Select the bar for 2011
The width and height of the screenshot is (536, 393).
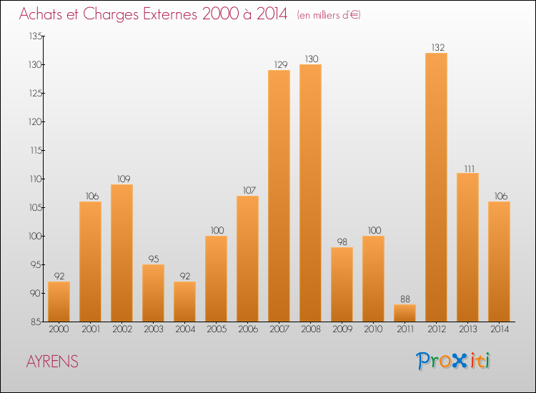tap(405, 313)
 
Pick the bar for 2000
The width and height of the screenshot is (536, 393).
tap(59, 302)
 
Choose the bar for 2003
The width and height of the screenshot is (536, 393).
tap(153, 293)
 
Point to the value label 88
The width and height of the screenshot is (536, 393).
tap(405, 299)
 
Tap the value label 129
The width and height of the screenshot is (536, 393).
tap(279, 64)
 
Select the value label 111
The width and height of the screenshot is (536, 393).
tap(467, 167)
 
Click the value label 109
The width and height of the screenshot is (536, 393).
tap(121, 179)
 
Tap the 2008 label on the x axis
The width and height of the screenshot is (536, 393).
tap(310, 329)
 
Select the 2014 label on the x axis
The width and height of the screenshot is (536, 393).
tap(499, 329)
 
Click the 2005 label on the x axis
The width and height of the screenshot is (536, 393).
tap(216, 329)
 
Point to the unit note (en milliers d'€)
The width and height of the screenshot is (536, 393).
tap(328, 15)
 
